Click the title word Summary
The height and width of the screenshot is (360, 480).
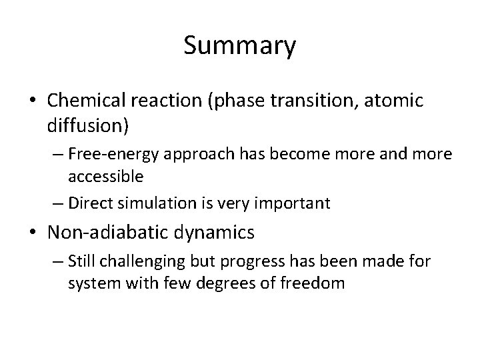pyautogui.click(x=239, y=47)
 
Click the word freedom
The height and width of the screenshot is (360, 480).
pyautogui.click(x=312, y=283)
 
